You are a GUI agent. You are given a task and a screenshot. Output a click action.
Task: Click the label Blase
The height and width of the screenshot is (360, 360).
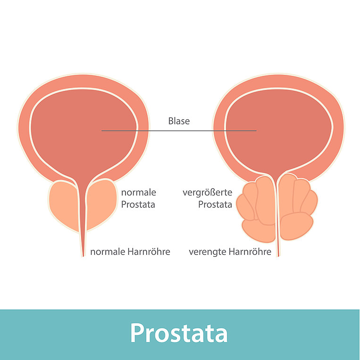click(179, 121)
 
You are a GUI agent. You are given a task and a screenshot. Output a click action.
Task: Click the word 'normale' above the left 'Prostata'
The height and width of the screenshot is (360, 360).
click(139, 192)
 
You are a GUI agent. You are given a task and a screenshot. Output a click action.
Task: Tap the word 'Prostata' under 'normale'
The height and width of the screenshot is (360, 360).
click(138, 205)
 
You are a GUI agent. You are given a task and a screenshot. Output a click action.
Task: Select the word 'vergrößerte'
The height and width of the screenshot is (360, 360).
click(207, 192)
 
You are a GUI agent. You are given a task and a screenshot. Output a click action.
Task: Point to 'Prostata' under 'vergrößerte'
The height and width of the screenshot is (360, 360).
click(215, 205)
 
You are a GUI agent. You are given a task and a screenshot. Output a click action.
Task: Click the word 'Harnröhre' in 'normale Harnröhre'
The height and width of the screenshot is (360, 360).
click(149, 252)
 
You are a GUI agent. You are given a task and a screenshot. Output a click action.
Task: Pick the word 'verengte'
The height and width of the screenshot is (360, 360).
click(208, 252)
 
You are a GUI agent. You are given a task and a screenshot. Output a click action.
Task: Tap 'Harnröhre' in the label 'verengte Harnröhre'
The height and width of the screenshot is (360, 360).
click(250, 252)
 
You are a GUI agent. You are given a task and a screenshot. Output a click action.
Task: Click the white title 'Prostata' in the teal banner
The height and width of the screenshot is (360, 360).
click(179, 333)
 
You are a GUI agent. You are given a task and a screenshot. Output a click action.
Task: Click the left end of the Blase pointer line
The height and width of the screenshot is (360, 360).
click(101, 131)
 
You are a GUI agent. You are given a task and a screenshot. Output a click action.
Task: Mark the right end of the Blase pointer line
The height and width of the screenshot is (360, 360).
click(256, 131)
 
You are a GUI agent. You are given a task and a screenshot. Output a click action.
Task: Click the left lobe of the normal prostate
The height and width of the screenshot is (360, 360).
click(63, 205)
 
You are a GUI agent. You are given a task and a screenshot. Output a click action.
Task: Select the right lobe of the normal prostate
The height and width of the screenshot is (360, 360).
click(100, 203)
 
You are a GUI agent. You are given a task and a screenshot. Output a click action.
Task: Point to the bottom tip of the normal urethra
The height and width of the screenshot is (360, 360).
click(83, 256)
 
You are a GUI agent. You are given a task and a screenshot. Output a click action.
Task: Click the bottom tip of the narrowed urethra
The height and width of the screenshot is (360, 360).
click(278, 256)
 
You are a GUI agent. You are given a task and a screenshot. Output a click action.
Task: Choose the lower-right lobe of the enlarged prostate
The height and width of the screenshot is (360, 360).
click(297, 226)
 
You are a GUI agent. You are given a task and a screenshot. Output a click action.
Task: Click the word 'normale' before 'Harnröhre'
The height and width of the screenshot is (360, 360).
click(108, 252)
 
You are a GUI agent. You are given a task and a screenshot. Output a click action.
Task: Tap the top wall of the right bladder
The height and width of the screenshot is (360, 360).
click(278, 82)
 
